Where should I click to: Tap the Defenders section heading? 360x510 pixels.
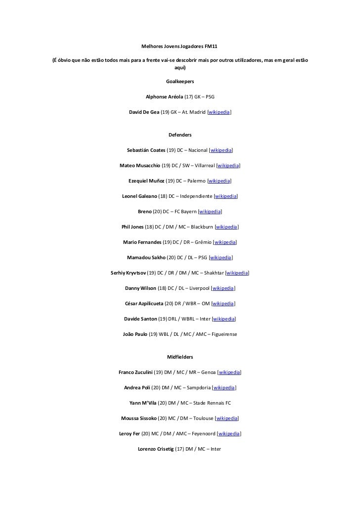tap(180, 135)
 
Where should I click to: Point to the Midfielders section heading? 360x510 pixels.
tap(180, 357)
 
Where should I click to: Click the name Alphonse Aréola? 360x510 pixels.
tap(165, 97)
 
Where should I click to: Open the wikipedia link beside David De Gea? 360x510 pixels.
tap(219, 112)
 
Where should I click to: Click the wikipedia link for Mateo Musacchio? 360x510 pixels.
tap(228, 165)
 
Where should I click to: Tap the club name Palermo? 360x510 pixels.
tap(196, 181)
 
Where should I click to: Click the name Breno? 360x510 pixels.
tap(144, 211)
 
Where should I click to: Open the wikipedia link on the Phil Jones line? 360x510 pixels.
tap(227, 227)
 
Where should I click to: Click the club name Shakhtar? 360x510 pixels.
tap(213, 273)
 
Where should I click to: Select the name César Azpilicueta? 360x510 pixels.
tap(144, 303)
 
